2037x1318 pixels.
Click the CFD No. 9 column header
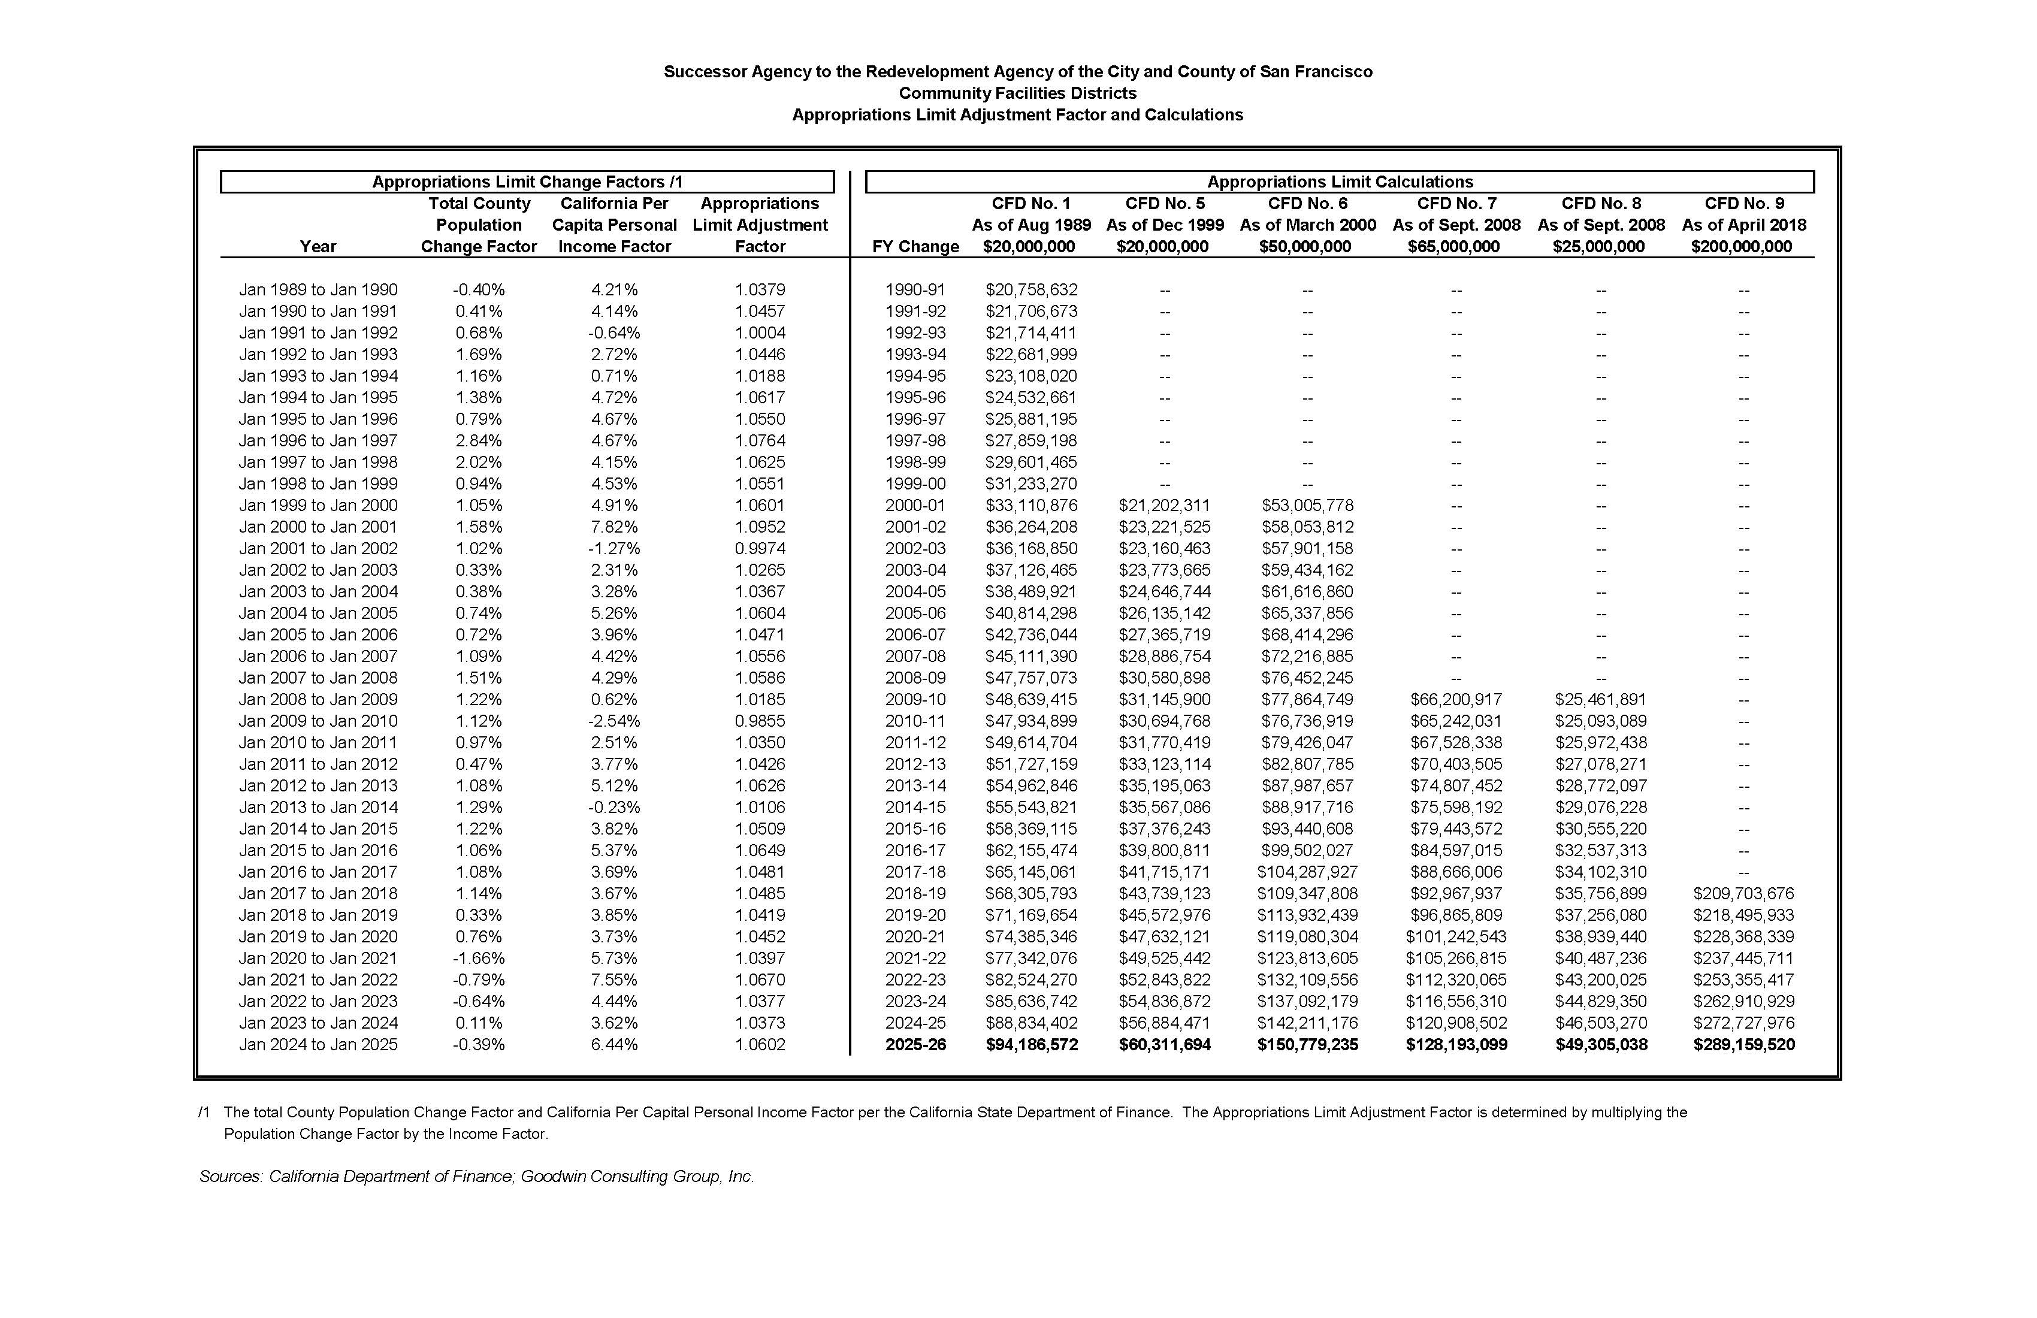(1743, 204)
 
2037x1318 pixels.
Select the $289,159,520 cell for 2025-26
(1743, 1044)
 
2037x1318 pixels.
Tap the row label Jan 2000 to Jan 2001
(318, 527)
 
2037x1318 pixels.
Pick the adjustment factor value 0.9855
(759, 721)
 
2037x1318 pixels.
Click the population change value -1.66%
(479, 959)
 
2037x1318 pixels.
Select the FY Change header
(915, 246)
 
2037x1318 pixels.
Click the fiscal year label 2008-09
(915, 678)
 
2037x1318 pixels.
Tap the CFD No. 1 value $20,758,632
(1031, 290)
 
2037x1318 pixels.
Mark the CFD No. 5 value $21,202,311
(1164, 506)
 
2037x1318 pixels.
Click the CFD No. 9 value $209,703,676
(1743, 893)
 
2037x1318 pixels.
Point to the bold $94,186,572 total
(1031, 1044)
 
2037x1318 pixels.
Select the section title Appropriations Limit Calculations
(1340, 182)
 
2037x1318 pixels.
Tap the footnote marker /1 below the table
(204, 1113)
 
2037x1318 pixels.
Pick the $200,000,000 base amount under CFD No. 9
(1741, 246)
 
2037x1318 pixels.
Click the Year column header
(318, 246)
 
